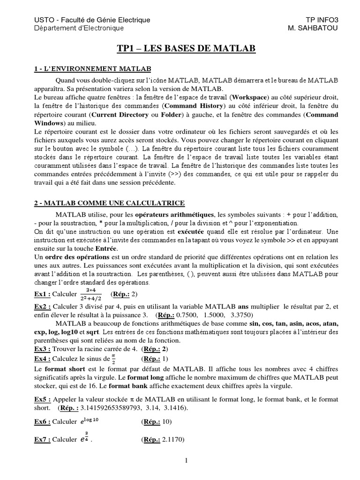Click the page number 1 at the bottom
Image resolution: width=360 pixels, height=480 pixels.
tap(186, 461)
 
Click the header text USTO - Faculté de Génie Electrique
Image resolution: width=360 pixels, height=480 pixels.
tap(92, 20)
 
